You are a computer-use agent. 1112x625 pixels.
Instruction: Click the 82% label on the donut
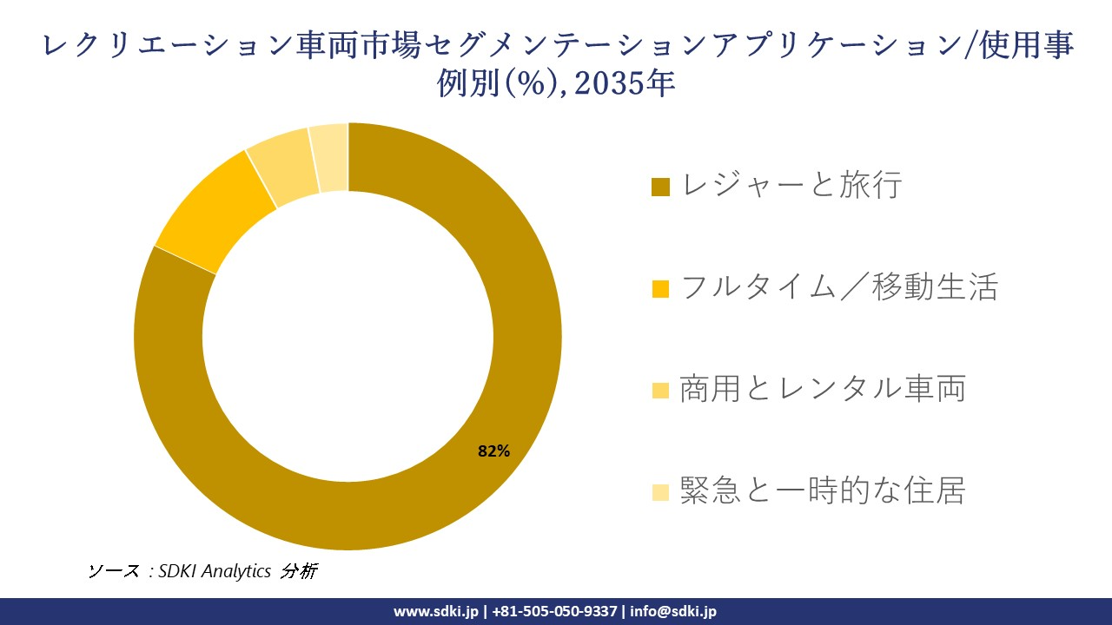point(493,451)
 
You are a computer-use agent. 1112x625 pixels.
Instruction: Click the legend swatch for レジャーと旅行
point(661,187)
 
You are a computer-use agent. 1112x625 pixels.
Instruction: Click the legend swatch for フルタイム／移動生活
point(661,288)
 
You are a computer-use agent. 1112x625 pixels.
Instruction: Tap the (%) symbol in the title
point(529,84)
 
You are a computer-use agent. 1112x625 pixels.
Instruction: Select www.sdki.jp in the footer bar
point(437,611)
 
